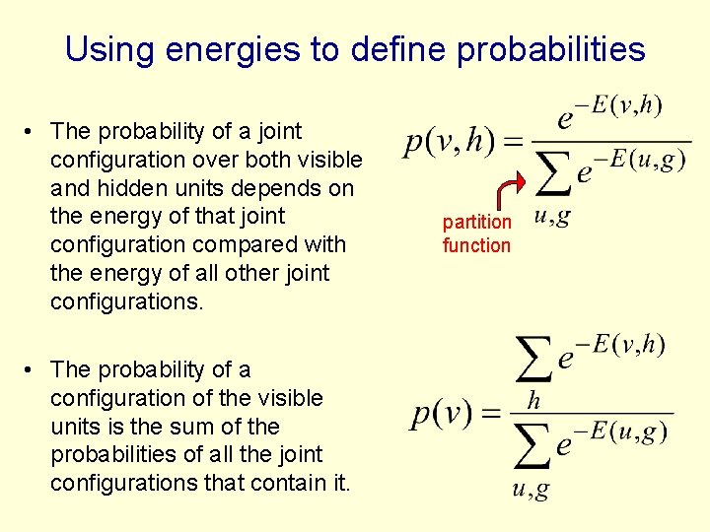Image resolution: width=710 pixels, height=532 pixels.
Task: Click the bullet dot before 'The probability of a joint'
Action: (x=33, y=131)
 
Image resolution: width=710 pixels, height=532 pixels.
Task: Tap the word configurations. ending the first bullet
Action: (x=126, y=301)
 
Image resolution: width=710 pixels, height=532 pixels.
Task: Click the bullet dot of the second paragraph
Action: (x=33, y=369)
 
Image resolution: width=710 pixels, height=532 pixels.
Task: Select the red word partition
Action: (x=476, y=223)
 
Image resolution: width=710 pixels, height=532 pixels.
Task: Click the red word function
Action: (x=476, y=245)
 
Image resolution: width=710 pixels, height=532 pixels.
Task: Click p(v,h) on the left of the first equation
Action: (x=450, y=144)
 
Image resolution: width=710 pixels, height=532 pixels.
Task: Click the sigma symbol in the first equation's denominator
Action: (x=553, y=174)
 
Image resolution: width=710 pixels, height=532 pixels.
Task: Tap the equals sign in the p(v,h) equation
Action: (x=512, y=144)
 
